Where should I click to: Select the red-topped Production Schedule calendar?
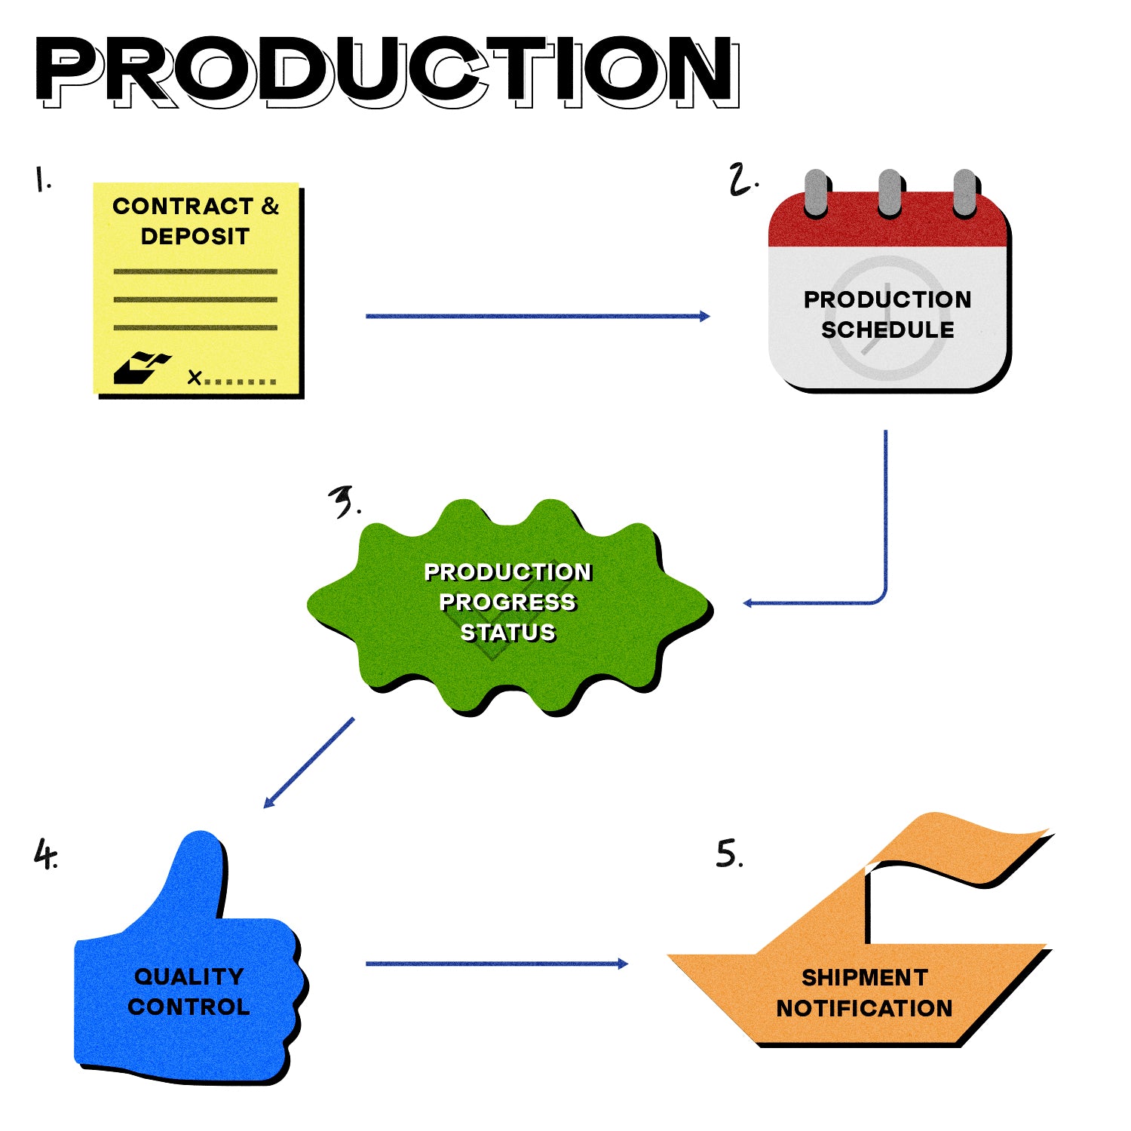[x=888, y=302]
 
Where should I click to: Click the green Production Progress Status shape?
[x=508, y=603]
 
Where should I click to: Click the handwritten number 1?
[x=42, y=180]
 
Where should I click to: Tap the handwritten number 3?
[x=345, y=501]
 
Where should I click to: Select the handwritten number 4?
[x=45, y=855]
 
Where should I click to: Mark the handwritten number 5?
[x=728, y=854]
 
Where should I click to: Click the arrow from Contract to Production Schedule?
[x=537, y=316]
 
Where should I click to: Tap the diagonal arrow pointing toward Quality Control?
[x=309, y=762]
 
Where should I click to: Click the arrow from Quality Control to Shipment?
[x=496, y=964]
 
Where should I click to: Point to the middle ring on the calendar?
[x=890, y=192]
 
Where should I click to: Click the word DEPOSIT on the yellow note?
[x=195, y=237]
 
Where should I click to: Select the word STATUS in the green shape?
[x=508, y=633]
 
